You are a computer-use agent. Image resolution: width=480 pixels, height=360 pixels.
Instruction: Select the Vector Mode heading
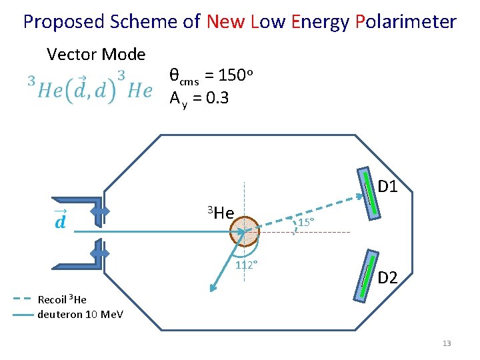(96, 53)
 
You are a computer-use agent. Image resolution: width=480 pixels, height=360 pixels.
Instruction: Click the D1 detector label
(387, 187)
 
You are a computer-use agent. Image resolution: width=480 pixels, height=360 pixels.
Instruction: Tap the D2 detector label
(387, 277)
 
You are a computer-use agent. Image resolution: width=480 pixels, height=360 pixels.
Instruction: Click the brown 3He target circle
(245, 231)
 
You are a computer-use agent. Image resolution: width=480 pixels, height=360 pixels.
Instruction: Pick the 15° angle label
(306, 222)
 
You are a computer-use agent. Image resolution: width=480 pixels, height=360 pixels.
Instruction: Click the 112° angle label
(247, 265)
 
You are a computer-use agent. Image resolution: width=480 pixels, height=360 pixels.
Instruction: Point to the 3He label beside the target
(220, 213)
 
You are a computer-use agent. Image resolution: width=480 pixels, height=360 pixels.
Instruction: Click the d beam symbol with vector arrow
(60, 220)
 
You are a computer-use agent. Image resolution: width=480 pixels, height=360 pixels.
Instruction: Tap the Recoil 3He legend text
(63, 299)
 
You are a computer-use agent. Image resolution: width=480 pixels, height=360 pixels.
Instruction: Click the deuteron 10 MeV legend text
(81, 314)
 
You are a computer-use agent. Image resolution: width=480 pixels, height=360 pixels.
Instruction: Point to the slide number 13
(447, 343)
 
